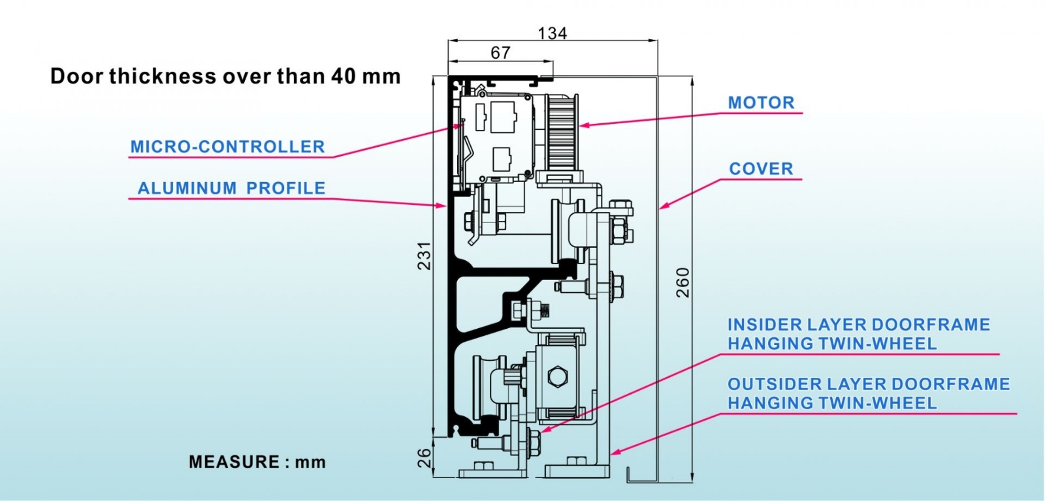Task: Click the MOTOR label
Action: [x=761, y=102]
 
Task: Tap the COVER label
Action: [x=761, y=169]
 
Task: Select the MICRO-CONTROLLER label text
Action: [x=227, y=147]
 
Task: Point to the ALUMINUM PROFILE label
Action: [x=231, y=189]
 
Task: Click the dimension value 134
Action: [x=553, y=33]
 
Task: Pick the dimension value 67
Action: [x=500, y=53]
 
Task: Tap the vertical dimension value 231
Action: [x=424, y=256]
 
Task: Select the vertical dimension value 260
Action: [x=683, y=282]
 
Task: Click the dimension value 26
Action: [x=424, y=458]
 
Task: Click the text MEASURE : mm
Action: [x=257, y=462]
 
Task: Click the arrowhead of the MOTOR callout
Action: [x=583, y=125]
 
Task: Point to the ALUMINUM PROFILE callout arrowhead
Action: [x=442, y=205]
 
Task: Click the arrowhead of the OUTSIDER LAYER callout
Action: [x=615, y=451]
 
